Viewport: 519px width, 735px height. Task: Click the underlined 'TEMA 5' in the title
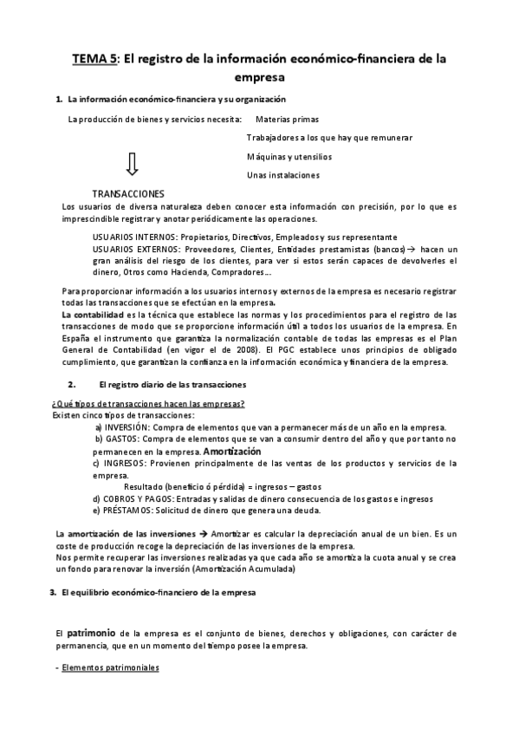[94, 59]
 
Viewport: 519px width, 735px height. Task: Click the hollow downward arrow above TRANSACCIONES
[132, 163]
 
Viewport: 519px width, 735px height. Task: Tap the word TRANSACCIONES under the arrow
[128, 193]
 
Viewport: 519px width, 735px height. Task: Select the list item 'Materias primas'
[288, 119]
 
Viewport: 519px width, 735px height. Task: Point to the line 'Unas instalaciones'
[282, 174]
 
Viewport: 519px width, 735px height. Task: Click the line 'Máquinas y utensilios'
[289, 156]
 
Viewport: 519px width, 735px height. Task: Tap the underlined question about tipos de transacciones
[147, 404]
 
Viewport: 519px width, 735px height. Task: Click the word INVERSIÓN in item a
[128, 427]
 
